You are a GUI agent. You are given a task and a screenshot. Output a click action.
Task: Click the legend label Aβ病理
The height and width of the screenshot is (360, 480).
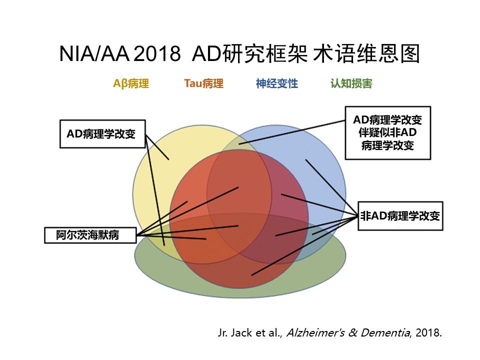pos(131,84)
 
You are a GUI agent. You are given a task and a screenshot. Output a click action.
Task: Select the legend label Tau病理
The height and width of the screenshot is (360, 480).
pos(203,83)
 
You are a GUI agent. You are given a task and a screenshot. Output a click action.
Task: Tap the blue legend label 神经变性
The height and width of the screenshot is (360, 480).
pos(276,84)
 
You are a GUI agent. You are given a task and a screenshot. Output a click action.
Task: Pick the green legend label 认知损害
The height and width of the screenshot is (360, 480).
pos(351,84)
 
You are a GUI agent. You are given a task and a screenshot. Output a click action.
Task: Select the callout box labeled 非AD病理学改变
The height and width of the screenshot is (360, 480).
pos(400,216)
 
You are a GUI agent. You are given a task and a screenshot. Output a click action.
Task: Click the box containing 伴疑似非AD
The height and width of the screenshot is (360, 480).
pos(387,133)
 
